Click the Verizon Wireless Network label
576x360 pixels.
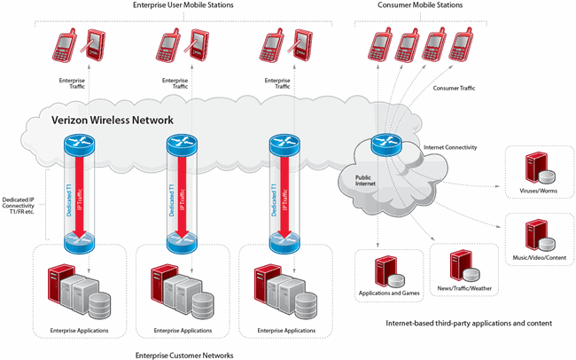click(111, 120)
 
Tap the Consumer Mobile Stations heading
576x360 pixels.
click(419, 6)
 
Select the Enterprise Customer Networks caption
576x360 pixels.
click(183, 354)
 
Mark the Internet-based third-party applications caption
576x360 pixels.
click(469, 324)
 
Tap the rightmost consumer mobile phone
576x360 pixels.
click(461, 41)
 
